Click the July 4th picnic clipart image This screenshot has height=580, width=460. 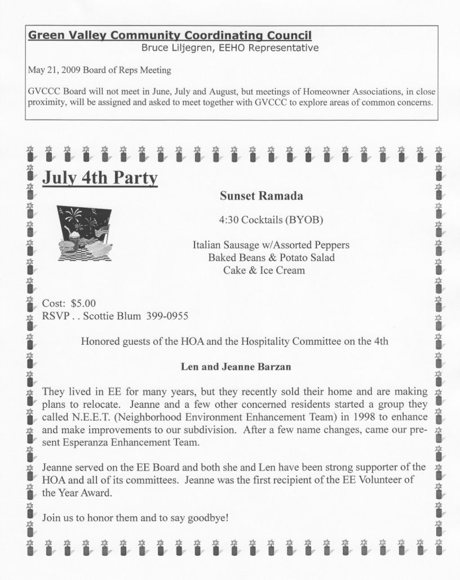(x=85, y=232)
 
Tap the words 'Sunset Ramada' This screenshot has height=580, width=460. (x=261, y=196)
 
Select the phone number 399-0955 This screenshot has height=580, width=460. (x=167, y=316)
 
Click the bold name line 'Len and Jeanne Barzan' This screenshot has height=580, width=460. (x=236, y=367)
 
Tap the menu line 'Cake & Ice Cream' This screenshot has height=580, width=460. (x=264, y=270)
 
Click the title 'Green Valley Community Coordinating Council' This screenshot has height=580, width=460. (x=170, y=36)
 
